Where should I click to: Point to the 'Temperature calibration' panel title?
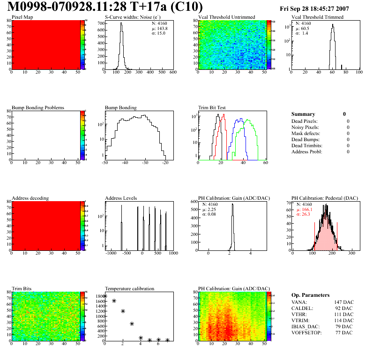(x=129, y=288)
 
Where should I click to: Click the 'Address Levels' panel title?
(x=121, y=198)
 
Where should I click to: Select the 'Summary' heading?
(x=303, y=114)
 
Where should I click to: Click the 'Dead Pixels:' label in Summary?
(x=305, y=121)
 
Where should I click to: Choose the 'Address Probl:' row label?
(x=307, y=151)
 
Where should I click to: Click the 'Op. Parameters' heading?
(x=310, y=295)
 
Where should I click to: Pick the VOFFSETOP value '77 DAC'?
(x=344, y=332)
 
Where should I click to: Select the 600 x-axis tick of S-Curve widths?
(x=172, y=72)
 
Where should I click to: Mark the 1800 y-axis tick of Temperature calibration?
(x=99, y=296)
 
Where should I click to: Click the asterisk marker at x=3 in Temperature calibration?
(x=132, y=324)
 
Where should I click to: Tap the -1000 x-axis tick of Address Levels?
(x=111, y=253)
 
